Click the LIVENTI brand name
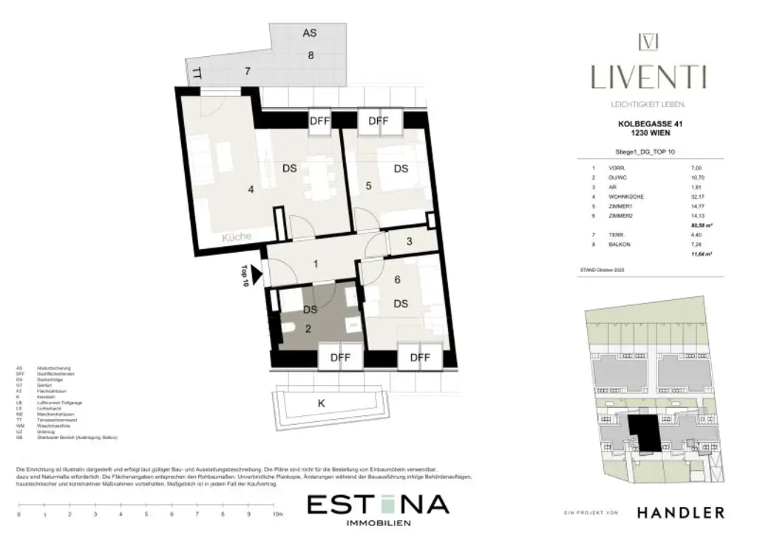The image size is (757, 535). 648,76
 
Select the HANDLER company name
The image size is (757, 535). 680,512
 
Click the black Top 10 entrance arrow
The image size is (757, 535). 256,275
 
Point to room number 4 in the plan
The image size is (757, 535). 251,190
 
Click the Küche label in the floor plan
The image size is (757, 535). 237,237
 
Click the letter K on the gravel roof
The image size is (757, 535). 321,404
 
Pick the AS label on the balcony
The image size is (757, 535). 310,33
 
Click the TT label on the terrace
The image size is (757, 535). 197,72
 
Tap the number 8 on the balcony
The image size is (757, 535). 310,55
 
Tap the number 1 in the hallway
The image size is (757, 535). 315,264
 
